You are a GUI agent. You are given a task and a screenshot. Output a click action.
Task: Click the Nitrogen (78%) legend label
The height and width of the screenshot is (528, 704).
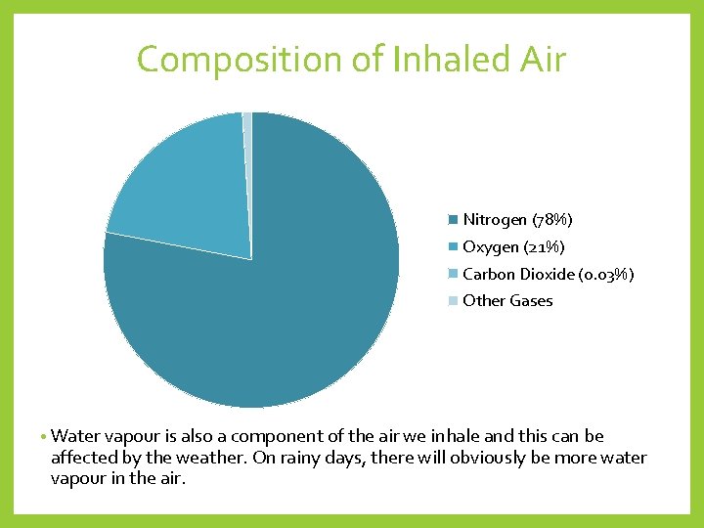pyautogui.click(x=517, y=219)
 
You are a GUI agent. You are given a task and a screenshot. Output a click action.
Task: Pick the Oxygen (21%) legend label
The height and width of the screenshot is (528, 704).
pyautogui.click(x=513, y=246)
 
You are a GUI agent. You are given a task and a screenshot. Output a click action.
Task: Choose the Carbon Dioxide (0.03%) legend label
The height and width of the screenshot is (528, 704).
pyautogui.click(x=548, y=274)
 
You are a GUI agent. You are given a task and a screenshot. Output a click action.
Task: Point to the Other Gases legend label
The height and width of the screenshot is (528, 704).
pyautogui.click(x=507, y=301)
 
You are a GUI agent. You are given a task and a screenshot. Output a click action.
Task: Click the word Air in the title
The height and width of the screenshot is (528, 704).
pyautogui.click(x=542, y=59)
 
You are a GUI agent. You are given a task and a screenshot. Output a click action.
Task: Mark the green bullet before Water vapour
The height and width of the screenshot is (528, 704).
pyautogui.click(x=44, y=437)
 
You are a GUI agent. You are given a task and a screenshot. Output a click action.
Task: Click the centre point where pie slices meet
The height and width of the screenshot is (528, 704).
pyautogui.click(x=251, y=259)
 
